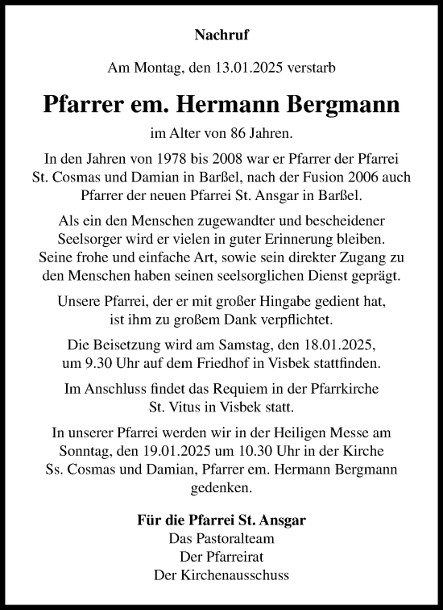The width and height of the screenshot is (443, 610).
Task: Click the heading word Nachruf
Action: (x=221, y=35)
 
